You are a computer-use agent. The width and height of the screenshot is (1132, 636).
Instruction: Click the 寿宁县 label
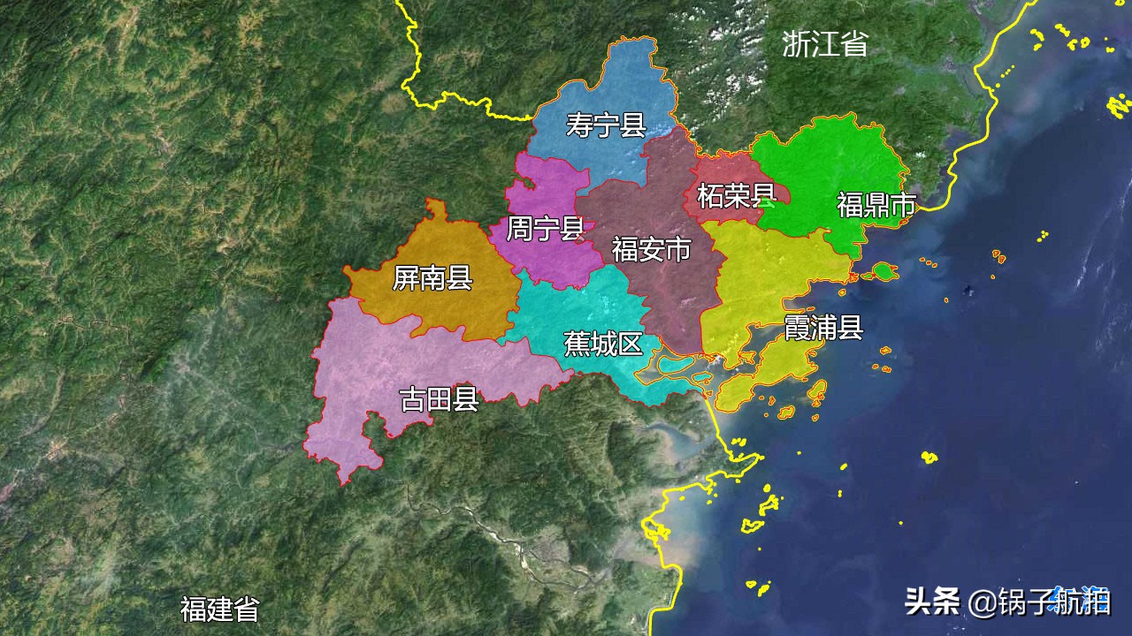tap(606, 125)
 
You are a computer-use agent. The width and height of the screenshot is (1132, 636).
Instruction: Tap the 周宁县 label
tap(545, 230)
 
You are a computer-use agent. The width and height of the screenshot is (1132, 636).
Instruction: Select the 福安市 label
tap(651, 249)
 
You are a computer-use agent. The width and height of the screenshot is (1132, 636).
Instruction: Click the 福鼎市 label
tap(876, 206)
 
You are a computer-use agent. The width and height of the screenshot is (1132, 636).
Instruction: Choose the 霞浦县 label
tap(823, 328)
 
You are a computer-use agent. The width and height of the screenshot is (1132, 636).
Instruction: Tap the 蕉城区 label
tap(604, 344)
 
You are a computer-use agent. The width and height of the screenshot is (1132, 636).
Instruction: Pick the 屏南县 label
tap(432, 279)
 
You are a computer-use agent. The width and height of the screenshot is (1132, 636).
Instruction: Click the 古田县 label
tap(440, 399)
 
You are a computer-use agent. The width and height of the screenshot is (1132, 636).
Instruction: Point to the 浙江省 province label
tap(824, 44)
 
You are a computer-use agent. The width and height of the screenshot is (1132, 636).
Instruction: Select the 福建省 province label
tap(220, 609)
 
